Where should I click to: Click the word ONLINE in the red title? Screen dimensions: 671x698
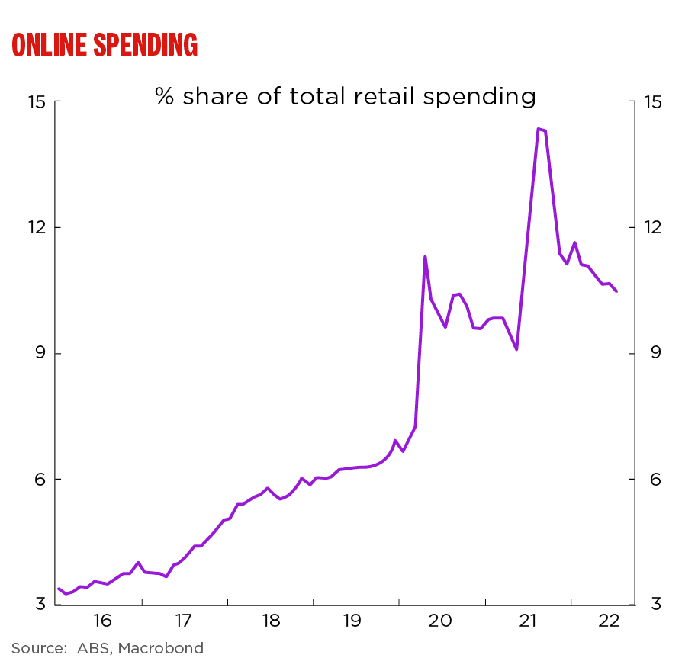pos(49,45)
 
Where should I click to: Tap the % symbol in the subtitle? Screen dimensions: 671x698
pos(166,97)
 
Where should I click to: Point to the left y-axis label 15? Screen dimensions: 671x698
pos(37,102)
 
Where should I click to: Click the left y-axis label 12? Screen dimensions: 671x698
pos(37,228)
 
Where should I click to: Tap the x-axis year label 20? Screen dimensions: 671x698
pos(441,621)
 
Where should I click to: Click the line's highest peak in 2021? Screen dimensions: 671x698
pos(539,129)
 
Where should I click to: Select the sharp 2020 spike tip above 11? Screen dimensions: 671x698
pos(425,256)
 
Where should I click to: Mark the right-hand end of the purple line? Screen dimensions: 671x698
pos(616,291)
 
